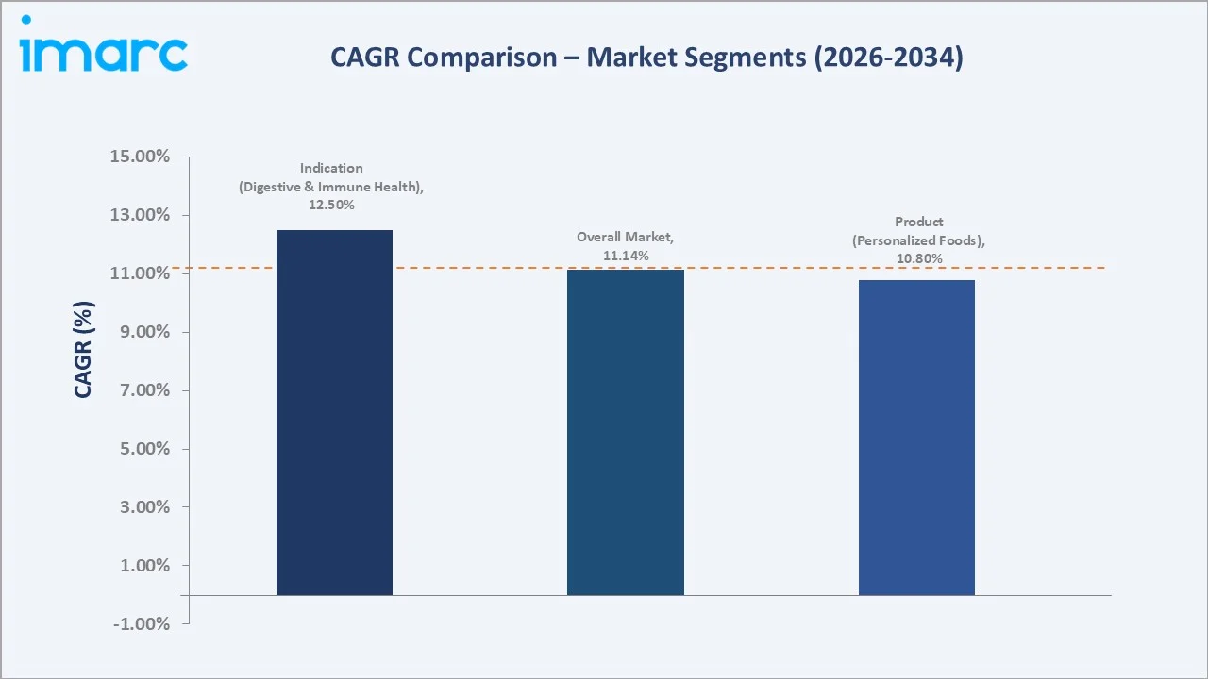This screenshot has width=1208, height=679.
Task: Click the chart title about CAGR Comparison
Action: pos(646,58)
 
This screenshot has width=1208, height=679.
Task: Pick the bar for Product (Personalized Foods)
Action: pos(916,438)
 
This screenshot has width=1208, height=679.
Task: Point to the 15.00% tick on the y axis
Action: pos(141,157)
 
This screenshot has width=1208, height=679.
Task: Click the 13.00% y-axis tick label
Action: pos(141,215)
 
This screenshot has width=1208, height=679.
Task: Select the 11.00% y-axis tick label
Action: pos(141,273)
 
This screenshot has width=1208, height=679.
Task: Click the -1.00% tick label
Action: pos(141,624)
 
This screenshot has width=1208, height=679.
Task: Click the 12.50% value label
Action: pos(331,205)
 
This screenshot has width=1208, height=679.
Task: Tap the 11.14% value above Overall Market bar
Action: pos(626,256)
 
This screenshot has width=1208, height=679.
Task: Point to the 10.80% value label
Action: pos(919,258)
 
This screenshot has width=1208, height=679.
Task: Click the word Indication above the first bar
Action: pos(331,168)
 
